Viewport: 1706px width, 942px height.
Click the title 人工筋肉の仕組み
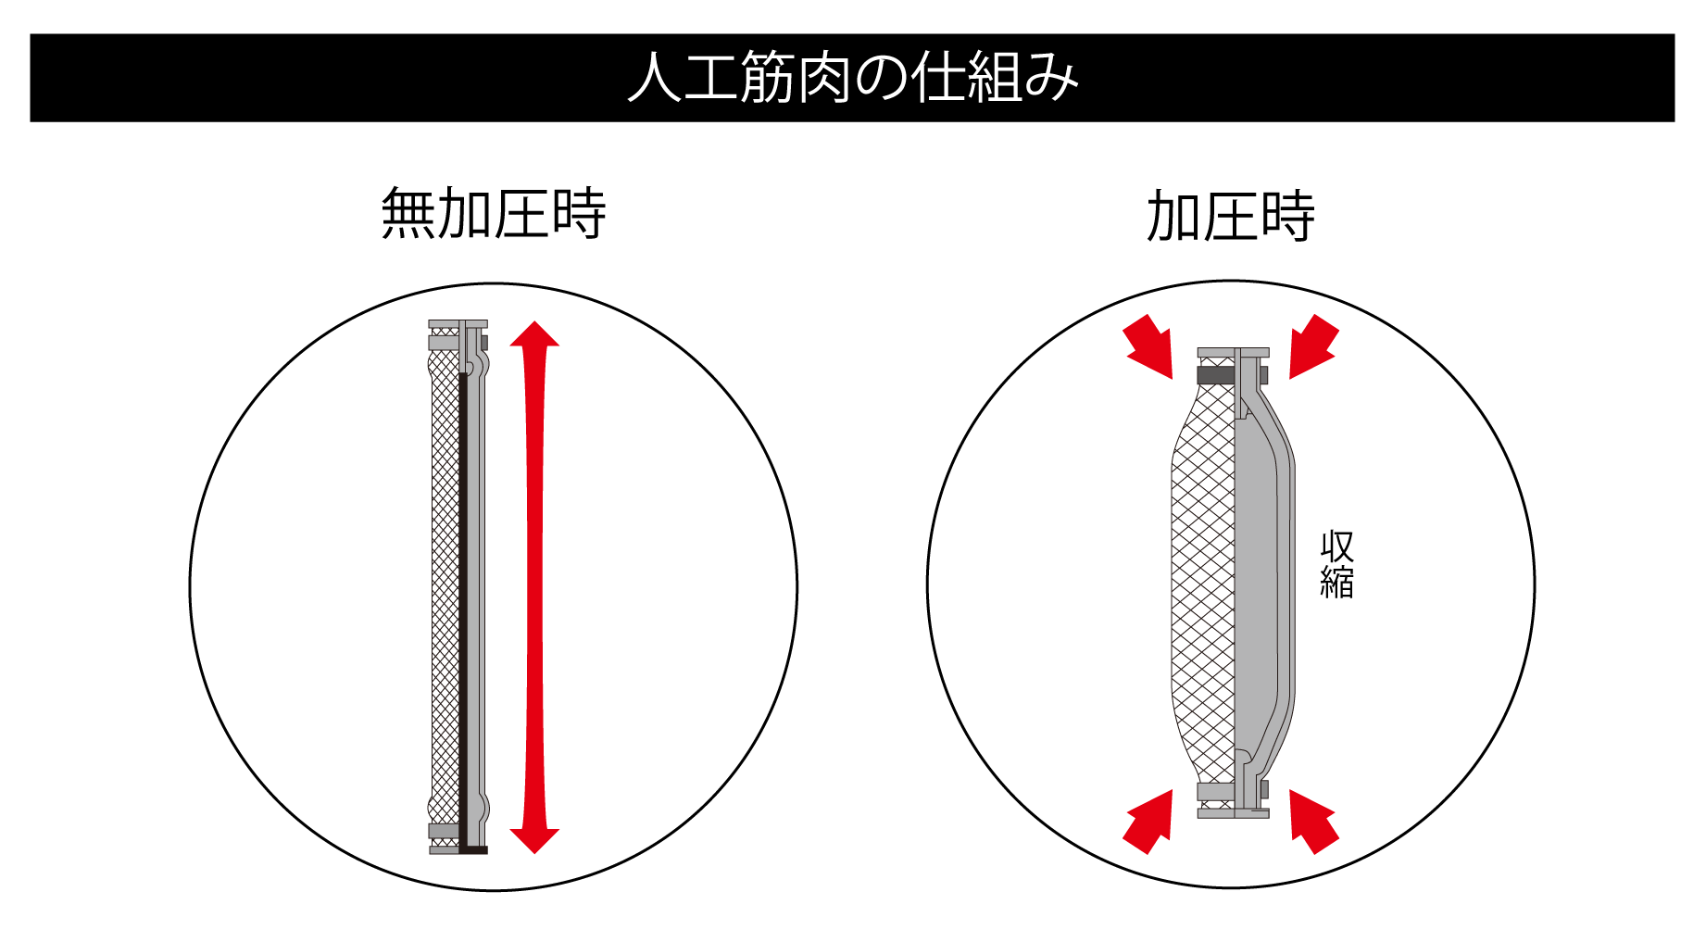click(x=852, y=78)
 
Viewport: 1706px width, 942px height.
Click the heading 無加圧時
click(x=493, y=214)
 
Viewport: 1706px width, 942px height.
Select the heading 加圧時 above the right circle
click(x=1230, y=216)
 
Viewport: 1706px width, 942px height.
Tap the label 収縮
click(x=1336, y=565)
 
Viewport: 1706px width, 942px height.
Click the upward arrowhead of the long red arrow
click(x=534, y=335)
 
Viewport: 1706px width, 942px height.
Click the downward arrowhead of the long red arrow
click(x=534, y=839)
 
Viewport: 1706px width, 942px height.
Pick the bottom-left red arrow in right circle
click(x=1149, y=822)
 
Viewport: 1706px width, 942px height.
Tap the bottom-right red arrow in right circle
click(x=1313, y=822)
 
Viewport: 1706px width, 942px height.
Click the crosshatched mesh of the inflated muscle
click(x=1202, y=584)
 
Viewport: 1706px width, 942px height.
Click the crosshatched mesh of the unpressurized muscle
click(x=445, y=584)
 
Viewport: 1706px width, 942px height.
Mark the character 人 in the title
click(x=654, y=78)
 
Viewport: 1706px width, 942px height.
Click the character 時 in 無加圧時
click(x=578, y=214)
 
